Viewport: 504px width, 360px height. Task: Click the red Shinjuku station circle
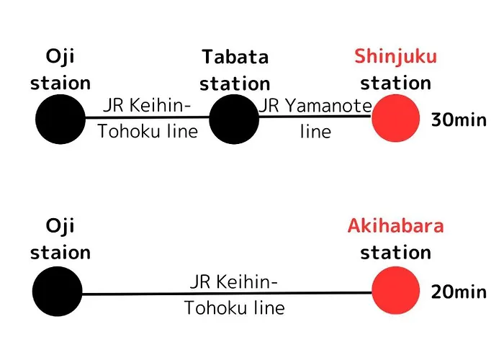click(396, 118)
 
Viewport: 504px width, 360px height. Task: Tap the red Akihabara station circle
click(396, 290)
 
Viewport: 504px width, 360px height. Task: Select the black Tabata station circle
click(234, 120)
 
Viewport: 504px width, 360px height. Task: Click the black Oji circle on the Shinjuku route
click(60, 120)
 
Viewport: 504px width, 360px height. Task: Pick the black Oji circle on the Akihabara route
click(58, 291)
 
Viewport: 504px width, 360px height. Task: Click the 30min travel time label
click(459, 120)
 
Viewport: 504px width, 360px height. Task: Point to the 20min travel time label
click(459, 292)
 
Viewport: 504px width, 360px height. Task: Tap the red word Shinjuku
click(396, 58)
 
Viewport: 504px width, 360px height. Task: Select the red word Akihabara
click(396, 225)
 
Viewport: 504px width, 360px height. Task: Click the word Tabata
click(235, 57)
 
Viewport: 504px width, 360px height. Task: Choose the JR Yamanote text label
click(315, 105)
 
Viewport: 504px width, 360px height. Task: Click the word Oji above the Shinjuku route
click(60, 58)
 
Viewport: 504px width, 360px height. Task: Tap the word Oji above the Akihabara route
click(60, 227)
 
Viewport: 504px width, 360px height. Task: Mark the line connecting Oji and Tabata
click(148, 117)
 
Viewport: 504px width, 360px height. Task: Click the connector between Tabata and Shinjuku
click(315, 116)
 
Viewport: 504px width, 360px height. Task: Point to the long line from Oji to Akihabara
click(227, 293)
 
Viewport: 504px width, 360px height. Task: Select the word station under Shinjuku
click(396, 83)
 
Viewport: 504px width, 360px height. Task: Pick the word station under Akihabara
click(396, 252)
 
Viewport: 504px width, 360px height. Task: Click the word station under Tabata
click(235, 84)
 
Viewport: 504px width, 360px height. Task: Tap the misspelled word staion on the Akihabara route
click(60, 252)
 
